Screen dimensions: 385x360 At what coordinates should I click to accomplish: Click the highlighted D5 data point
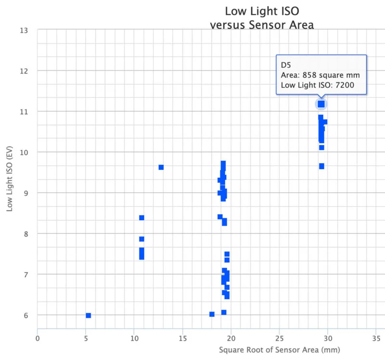pos(321,104)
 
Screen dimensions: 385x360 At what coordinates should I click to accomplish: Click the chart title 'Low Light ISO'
pos(262,11)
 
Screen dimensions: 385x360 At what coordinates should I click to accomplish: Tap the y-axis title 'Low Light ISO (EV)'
pos(9,178)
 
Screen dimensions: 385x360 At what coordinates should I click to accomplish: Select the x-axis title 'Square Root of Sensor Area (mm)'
pos(280,350)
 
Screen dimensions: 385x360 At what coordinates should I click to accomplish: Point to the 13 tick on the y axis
pos(24,30)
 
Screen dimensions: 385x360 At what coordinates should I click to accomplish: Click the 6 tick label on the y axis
pos(26,315)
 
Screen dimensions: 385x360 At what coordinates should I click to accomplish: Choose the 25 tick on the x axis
pos(280,338)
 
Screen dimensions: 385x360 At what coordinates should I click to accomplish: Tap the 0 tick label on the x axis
pos(38,338)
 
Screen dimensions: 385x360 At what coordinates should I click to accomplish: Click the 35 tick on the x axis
pos(376,338)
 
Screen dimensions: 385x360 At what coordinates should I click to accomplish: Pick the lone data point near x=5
pos(89,315)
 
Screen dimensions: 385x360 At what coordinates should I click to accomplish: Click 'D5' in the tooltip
pos(286,65)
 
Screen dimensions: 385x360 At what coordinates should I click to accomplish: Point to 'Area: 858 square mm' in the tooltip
pos(320,75)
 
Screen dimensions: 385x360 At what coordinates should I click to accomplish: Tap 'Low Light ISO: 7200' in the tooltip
pos(318,85)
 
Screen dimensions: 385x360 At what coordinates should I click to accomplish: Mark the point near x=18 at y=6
pos(212,314)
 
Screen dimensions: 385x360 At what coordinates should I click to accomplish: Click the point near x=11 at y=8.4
pos(141,218)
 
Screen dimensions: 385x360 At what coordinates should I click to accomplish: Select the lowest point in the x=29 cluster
pos(321,166)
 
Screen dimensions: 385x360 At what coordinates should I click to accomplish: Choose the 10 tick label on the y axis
pos(24,152)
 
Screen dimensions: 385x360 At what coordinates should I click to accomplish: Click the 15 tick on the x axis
pos(183,338)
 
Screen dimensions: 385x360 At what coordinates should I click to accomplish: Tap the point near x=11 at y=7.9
pos(141,239)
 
